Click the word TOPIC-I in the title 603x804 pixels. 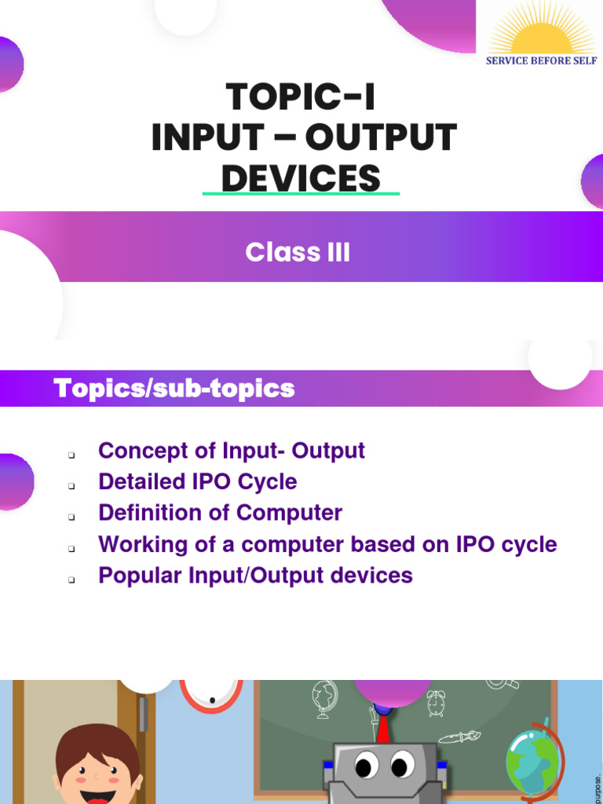tap(301, 97)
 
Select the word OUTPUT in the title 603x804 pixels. tap(380, 138)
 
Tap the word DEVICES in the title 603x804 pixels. tap(301, 179)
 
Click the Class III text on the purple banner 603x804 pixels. tap(298, 253)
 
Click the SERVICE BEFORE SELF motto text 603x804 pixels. tap(541, 60)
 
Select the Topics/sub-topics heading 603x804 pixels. tap(174, 388)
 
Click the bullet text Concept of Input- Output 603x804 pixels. tap(232, 451)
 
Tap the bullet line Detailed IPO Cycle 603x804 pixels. tap(197, 481)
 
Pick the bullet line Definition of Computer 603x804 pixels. tap(220, 513)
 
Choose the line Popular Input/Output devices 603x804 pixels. tap(255, 575)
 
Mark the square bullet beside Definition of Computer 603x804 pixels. tap(71, 517)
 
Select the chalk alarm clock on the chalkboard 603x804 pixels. tap(436, 702)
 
